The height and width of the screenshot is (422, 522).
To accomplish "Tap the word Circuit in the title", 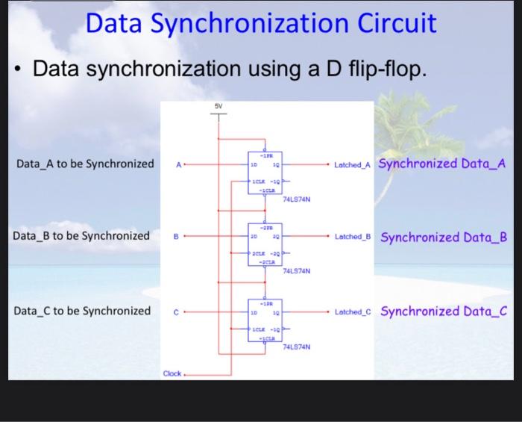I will click(396, 24).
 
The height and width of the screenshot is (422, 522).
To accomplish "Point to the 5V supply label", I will click(218, 107).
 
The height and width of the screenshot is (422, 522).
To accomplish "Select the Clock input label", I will click(172, 373).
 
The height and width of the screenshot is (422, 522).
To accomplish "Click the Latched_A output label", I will click(354, 164).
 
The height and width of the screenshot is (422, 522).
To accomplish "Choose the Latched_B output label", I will click(354, 237).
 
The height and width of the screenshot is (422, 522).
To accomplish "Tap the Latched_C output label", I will click(354, 311).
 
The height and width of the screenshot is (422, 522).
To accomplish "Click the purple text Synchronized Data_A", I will click(442, 164).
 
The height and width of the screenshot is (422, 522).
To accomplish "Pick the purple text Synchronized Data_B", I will click(444, 238).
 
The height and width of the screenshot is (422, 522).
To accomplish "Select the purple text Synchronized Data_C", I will click(443, 311).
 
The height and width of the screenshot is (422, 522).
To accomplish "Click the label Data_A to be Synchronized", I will click(84, 164).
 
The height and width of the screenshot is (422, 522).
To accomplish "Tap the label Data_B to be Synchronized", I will click(82, 236).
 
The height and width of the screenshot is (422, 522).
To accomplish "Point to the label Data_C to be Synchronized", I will click(82, 310).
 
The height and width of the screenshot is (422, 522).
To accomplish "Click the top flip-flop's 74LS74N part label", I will click(296, 199).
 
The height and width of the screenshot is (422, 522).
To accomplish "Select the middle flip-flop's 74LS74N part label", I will click(296, 273).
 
